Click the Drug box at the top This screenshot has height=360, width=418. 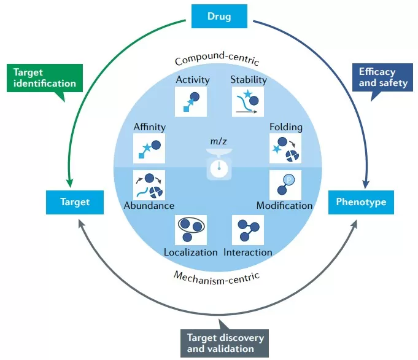(x=220, y=16)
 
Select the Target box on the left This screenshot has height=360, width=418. (x=75, y=202)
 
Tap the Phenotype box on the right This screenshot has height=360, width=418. (x=360, y=202)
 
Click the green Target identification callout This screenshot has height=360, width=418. (x=45, y=77)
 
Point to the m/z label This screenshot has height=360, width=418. (x=218, y=143)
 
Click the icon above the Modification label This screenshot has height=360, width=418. (x=285, y=185)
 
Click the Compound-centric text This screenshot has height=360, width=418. (x=217, y=60)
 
